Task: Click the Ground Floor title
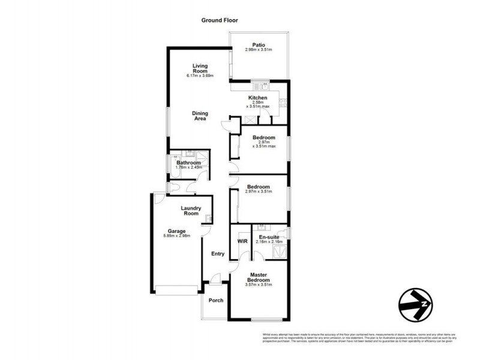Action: [x=219, y=20]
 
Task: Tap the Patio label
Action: [x=259, y=44]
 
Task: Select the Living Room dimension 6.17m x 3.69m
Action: [x=199, y=76]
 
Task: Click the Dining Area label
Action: [x=199, y=116]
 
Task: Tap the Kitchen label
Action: [x=258, y=98]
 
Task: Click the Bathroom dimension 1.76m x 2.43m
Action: [x=188, y=167]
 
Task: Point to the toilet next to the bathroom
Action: [x=173, y=188]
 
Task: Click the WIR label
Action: [x=242, y=241]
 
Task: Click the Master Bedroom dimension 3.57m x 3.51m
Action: [x=259, y=284]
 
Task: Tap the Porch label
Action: [x=215, y=301]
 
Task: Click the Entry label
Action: [x=217, y=254]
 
